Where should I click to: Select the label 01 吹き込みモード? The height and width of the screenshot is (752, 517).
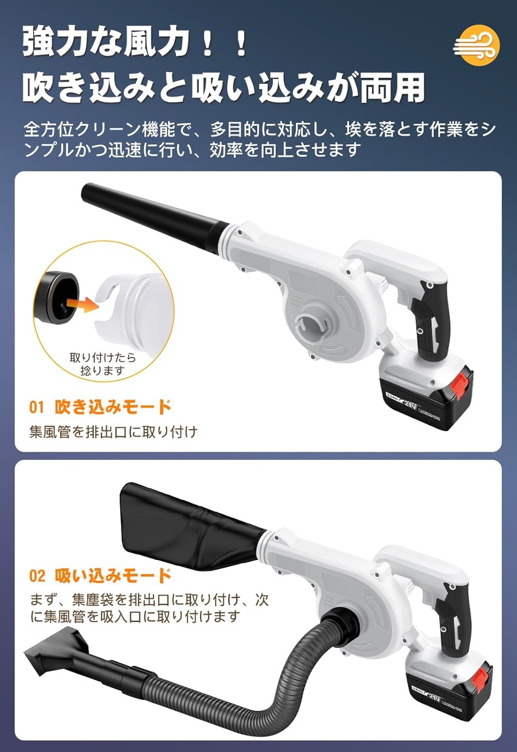click(x=100, y=407)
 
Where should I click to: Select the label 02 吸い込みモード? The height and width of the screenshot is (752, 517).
click(x=100, y=575)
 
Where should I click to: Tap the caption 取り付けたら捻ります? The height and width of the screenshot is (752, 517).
click(x=103, y=364)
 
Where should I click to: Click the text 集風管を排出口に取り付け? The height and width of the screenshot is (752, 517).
click(x=113, y=432)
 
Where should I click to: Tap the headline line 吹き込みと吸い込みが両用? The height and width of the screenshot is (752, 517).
click(x=224, y=88)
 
